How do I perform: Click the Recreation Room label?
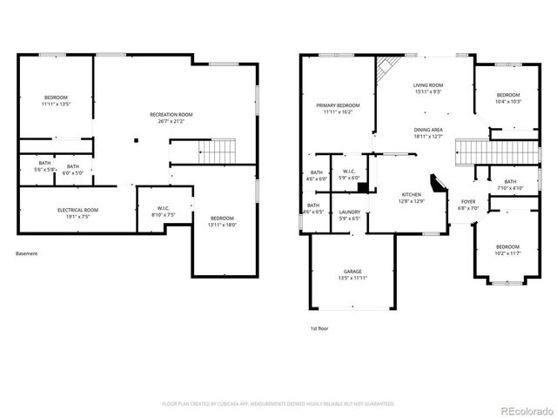[x=171, y=115]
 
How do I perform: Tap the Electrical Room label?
[x=78, y=211]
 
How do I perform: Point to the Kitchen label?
[x=411, y=194]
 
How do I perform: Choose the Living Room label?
[x=427, y=85]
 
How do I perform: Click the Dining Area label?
[x=428, y=129]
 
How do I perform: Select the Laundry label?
[x=350, y=212]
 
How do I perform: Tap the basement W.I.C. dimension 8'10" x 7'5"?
[x=164, y=214]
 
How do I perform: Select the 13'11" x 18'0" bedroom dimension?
[x=223, y=225]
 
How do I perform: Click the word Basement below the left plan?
[x=26, y=254]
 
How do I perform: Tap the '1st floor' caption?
[x=319, y=328]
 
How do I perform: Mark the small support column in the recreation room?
[x=136, y=139]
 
